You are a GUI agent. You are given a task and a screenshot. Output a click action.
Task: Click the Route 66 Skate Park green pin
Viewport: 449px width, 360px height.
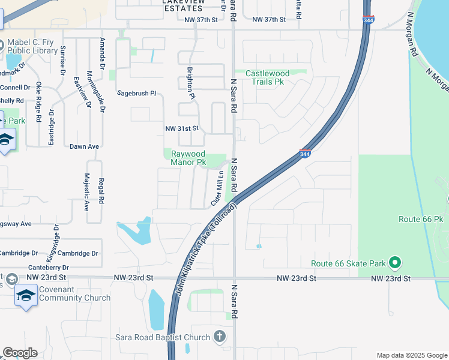pyautogui.click(x=395, y=262)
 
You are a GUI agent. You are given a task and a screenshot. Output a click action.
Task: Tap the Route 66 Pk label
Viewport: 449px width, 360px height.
pyautogui.click(x=420, y=219)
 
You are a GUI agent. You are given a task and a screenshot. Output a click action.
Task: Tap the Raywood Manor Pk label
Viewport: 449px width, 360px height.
pyautogui.click(x=188, y=158)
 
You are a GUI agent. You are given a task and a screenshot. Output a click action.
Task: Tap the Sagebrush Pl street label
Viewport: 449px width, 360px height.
pyautogui.click(x=136, y=94)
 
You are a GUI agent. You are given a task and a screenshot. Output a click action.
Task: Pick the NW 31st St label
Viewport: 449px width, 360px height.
pyautogui.click(x=181, y=129)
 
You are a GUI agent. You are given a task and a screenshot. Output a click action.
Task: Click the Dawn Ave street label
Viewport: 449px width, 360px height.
pyautogui.click(x=84, y=146)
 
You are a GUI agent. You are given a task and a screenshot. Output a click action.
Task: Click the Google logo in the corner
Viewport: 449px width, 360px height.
pyautogui.click(x=20, y=353)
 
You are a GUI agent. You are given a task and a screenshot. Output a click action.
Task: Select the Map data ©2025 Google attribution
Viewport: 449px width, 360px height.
pyautogui.click(x=411, y=355)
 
